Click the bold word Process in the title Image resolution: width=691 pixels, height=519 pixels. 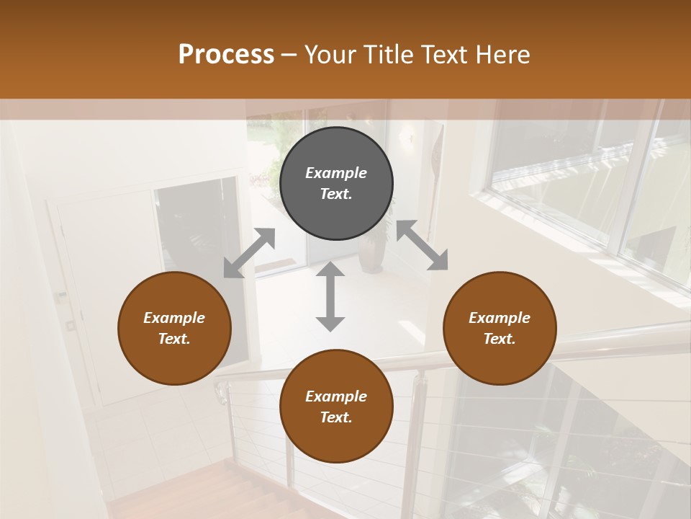[x=226, y=55]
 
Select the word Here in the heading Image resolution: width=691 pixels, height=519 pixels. [x=504, y=55]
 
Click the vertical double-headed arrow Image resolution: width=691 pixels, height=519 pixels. [x=330, y=296]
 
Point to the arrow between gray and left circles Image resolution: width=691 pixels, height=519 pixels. [x=249, y=253]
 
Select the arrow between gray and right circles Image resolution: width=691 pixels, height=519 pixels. [x=422, y=245]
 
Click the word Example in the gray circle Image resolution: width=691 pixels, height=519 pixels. [x=336, y=173]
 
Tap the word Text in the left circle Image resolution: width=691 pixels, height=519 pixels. [x=174, y=339]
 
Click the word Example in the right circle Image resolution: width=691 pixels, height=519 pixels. [x=499, y=318]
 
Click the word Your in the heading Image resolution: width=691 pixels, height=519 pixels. [x=328, y=55]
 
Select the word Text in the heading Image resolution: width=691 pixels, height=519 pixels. [x=444, y=55]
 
